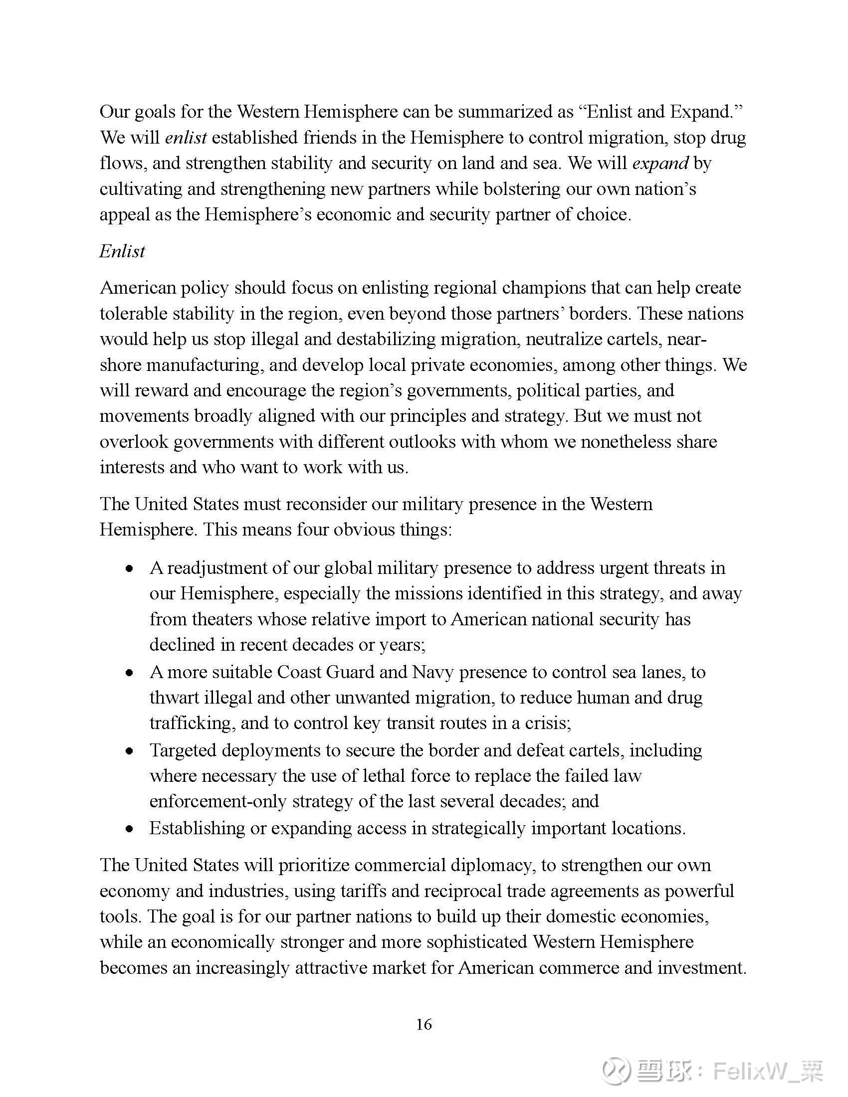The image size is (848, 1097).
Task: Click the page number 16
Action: (x=424, y=1025)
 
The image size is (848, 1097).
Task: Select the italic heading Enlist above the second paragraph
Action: (x=122, y=251)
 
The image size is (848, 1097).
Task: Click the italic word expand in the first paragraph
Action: (x=660, y=163)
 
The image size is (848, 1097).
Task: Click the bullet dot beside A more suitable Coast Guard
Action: (x=130, y=673)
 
